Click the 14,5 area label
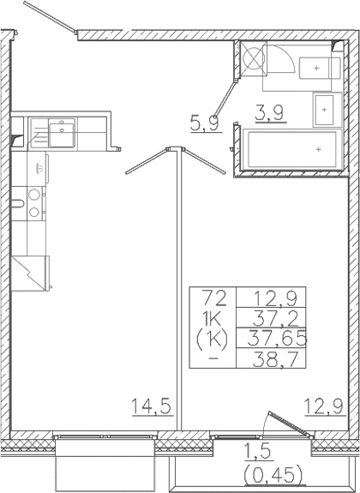point(153,406)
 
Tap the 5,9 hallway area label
point(204,123)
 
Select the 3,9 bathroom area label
point(270,113)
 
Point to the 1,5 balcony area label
point(257,453)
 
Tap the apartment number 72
point(214,298)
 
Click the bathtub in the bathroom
point(292,150)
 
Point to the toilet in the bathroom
point(319,68)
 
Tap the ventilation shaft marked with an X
point(254,58)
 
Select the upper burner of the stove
point(34,195)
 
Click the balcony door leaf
point(290,424)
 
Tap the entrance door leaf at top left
point(50,16)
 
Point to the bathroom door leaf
point(225,99)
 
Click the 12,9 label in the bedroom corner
point(325,407)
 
